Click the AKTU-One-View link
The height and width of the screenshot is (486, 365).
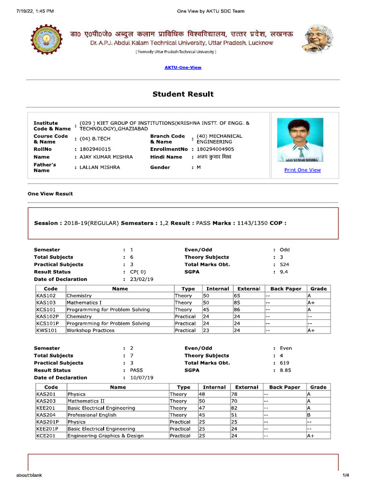pyautogui.click(x=183, y=67)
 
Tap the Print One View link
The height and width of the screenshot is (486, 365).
pyautogui.click(x=302, y=170)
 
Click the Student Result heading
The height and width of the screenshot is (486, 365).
pyautogui.click(x=183, y=94)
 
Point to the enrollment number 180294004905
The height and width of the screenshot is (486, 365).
pyautogui.click(x=215, y=149)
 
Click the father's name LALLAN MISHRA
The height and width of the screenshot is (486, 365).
pyautogui.click(x=100, y=168)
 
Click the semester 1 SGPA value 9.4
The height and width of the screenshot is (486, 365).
pyautogui.click(x=284, y=272)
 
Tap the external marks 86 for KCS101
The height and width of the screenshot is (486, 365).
pyautogui.click(x=238, y=309)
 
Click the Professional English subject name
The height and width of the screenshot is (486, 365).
pyautogui.click(x=92, y=415)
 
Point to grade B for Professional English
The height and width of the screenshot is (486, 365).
pyautogui.click(x=309, y=415)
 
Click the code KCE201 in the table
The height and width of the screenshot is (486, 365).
pyautogui.click(x=46, y=436)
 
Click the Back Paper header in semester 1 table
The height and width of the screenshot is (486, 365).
pyautogui.click(x=286, y=289)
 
